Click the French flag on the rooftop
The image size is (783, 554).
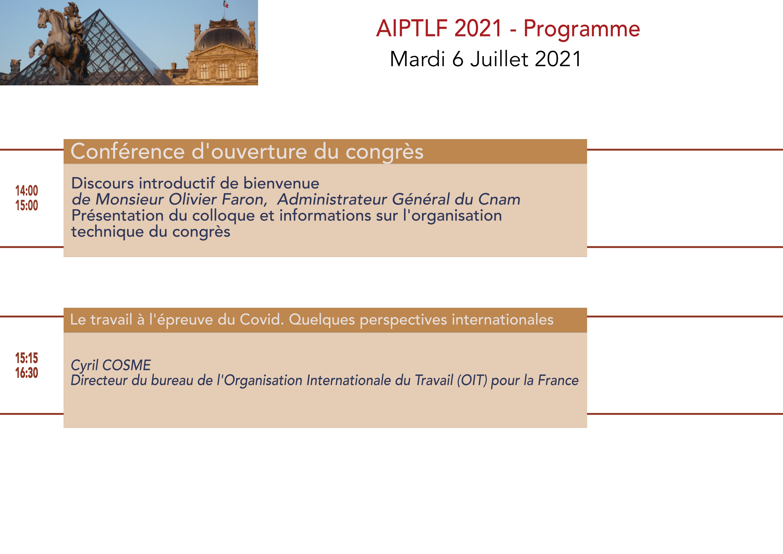click(226, 4)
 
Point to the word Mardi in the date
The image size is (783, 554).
click(417, 59)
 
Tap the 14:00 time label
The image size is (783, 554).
click(27, 191)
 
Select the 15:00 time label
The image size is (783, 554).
click(27, 205)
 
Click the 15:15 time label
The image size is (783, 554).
click(27, 358)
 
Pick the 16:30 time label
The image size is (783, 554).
click(27, 373)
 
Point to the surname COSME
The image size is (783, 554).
click(127, 365)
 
